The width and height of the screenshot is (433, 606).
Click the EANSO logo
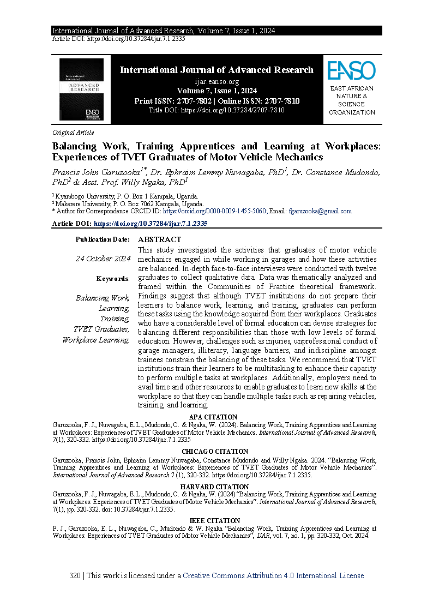(352, 71)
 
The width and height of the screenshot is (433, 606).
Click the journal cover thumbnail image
(81, 89)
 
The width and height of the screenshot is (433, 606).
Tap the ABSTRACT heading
(159, 239)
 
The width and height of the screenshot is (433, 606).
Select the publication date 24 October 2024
(103, 259)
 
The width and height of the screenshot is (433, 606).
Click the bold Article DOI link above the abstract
(151, 224)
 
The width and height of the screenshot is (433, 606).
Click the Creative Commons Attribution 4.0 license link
(273, 575)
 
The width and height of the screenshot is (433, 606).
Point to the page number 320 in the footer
(76, 575)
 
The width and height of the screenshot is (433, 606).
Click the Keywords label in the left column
(113, 279)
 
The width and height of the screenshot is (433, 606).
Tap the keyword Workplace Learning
(96, 340)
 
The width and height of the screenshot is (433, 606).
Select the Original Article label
(73, 133)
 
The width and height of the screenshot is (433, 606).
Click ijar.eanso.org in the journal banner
(216, 81)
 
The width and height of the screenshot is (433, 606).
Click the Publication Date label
(103, 239)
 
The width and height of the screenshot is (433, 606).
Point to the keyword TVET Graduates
(102, 329)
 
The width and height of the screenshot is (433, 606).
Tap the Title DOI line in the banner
(216, 110)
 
